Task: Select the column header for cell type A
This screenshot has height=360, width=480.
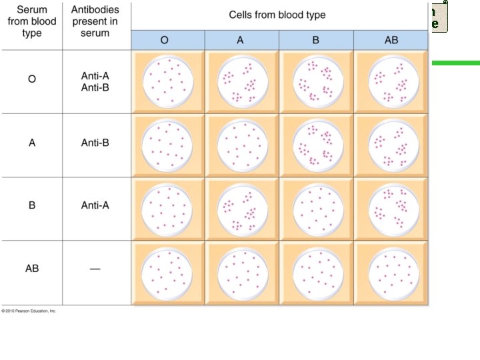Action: (241, 40)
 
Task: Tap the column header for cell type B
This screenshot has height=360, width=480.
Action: (316, 40)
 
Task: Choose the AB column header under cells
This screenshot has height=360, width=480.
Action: (391, 40)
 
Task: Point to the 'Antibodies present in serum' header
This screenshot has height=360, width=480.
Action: (95, 21)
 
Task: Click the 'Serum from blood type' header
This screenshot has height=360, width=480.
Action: (31, 21)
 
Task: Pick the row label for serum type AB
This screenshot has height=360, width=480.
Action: (31, 268)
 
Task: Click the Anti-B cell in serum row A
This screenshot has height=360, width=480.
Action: (95, 142)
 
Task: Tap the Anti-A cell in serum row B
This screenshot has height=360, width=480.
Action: (95, 205)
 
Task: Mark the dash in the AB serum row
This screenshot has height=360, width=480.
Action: (95, 269)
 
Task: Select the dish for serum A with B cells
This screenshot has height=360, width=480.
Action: (317, 145)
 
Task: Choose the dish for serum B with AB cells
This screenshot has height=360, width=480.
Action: (391, 207)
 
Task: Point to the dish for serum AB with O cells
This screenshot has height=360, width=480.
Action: (168, 271)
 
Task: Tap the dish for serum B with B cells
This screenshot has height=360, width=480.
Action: (317, 207)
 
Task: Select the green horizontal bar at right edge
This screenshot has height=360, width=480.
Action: (456, 63)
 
